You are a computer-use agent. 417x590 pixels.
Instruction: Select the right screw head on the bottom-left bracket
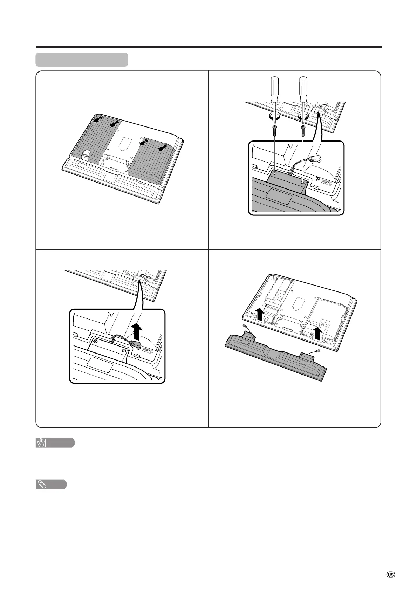[x=124, y=351]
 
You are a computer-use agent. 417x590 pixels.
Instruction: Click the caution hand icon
[x=41, y=443]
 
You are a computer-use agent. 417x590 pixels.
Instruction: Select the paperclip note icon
[x=41, y=485]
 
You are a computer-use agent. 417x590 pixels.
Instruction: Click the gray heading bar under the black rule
[x=82, y=60]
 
